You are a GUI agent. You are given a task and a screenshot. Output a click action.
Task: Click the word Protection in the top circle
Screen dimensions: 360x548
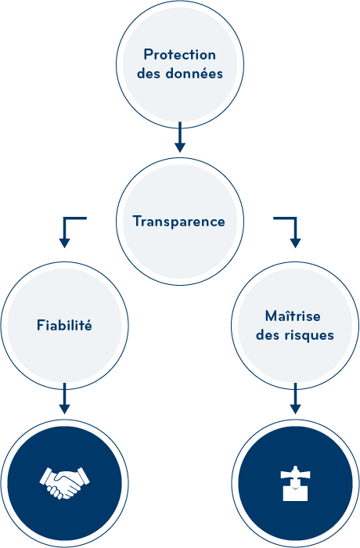pyautogui.click(x=180, y=55)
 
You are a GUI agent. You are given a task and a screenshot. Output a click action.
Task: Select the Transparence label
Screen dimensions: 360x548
pyautogui.click(x=178, y=222)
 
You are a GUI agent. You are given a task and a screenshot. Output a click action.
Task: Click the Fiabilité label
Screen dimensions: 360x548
pyautogui.click(x=64, y=325)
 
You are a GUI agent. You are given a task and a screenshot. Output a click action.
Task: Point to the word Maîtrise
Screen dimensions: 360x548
pyautogui.click(x=293, y=316)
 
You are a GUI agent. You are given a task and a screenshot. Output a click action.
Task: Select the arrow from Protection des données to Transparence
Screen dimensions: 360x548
pyautogui.click(x=180, y=137)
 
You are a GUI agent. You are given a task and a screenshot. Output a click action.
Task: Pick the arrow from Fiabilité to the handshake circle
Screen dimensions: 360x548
pyautogui.click(x=64, y=398)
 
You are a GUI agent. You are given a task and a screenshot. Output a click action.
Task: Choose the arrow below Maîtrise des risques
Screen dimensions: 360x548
pyautogui.click(x=295, y=398)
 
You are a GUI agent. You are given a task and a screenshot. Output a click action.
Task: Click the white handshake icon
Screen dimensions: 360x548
pyautogui.click(x=64, y=483)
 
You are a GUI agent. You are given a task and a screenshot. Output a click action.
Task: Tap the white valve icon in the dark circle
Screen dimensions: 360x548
pyautogui.click(x=295, y=483)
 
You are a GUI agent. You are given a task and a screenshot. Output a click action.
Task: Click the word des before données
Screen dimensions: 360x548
pyautogui.click(x=149, y=74)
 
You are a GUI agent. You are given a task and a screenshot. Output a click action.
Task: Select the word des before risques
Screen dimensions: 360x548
pyautogui.click(x=268, y=335)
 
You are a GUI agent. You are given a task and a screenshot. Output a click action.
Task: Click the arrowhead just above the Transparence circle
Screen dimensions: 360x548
pyautogui.click(x=180, y=147)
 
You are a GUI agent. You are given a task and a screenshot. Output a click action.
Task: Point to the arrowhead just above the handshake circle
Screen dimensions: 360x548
pyautogui.click(x=64, y=409)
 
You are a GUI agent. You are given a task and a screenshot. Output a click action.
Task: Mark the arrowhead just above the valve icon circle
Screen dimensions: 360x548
pyautogui.click(x=295, y=409)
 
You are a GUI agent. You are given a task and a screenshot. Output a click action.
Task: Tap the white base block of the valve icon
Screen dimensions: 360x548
pyautogui.click(x=295, y=494)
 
